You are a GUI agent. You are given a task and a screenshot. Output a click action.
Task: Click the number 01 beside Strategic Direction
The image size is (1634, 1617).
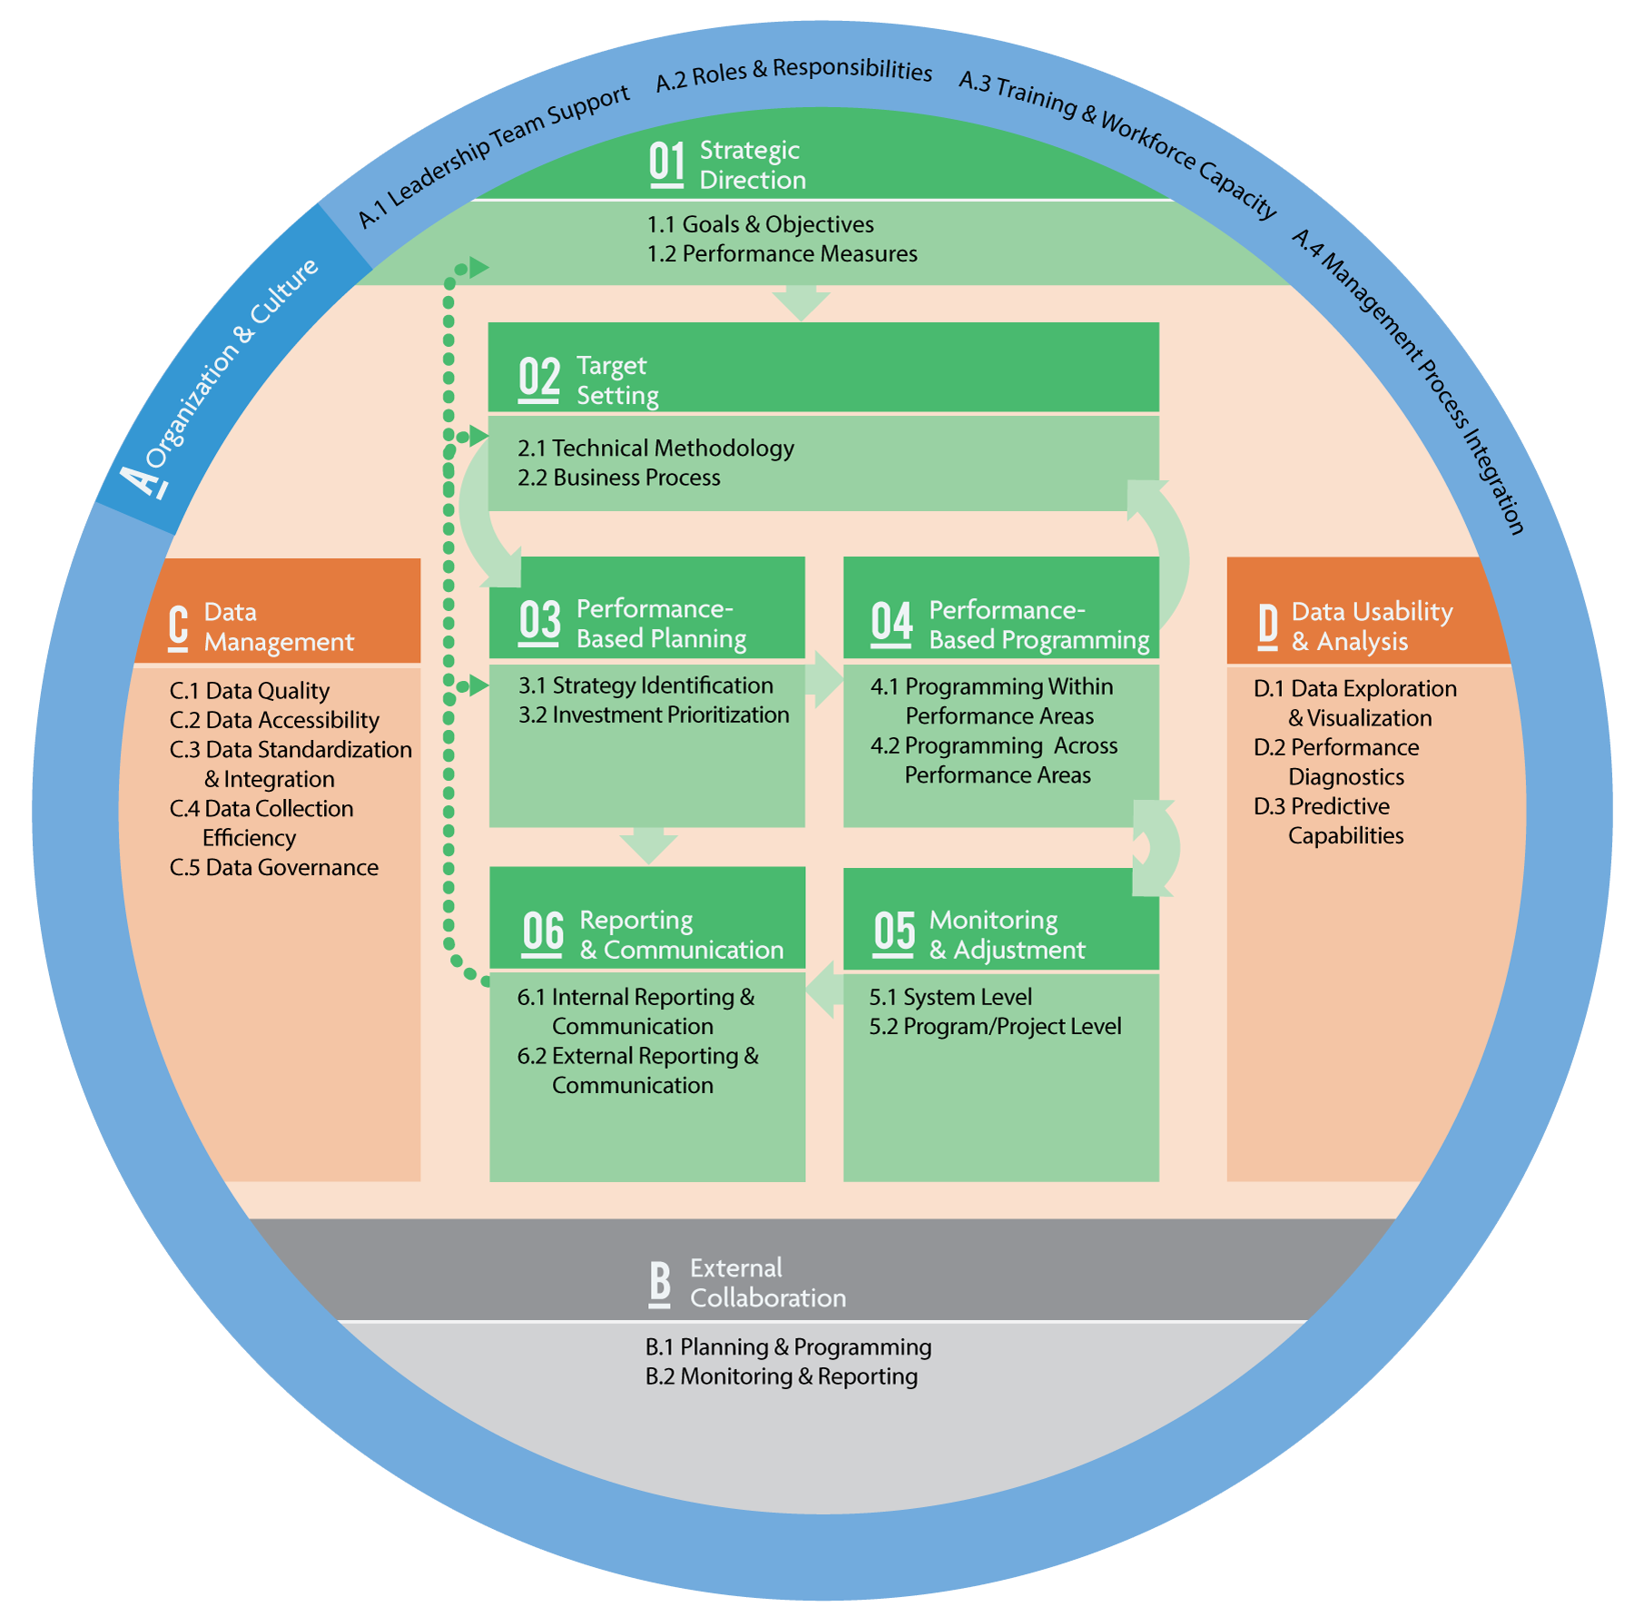[666, 164]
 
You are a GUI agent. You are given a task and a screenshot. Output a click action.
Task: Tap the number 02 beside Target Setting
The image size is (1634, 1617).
[538, 379]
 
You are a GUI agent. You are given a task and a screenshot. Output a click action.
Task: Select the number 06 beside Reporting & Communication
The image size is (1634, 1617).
[543, 933]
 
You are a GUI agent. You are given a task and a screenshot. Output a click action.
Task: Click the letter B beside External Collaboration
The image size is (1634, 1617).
[660, 1283]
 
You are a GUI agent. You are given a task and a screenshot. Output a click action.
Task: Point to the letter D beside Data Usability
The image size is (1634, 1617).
[1268, 626]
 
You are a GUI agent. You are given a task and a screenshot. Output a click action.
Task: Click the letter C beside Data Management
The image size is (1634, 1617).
[179, 627]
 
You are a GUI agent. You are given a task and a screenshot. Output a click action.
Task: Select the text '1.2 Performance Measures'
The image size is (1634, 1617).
[782, 254]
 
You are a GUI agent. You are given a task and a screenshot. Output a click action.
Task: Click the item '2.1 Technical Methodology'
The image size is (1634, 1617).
[655, 449]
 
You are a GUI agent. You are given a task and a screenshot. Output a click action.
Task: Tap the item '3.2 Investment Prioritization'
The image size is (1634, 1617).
[654, 715]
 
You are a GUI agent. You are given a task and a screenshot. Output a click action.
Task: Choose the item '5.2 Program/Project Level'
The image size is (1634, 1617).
[995, 1027]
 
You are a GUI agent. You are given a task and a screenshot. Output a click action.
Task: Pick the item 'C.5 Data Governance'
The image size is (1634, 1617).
[274, 868]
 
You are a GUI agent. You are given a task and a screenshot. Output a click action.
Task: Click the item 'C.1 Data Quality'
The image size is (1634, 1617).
[250, 692]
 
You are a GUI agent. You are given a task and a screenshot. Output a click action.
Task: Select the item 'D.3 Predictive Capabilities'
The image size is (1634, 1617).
[1329, 821]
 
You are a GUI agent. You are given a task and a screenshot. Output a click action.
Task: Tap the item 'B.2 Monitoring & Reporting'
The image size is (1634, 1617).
[782, 1377]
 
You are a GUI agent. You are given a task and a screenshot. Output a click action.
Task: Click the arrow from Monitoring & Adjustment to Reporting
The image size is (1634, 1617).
[823, 989]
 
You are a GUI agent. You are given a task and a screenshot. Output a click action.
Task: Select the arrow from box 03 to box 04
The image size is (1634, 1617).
[823, 679]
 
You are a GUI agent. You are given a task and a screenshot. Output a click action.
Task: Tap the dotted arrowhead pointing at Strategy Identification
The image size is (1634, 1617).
[477, 686]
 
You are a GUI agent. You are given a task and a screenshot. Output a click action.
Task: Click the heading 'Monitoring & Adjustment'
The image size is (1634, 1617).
[1006, 935]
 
